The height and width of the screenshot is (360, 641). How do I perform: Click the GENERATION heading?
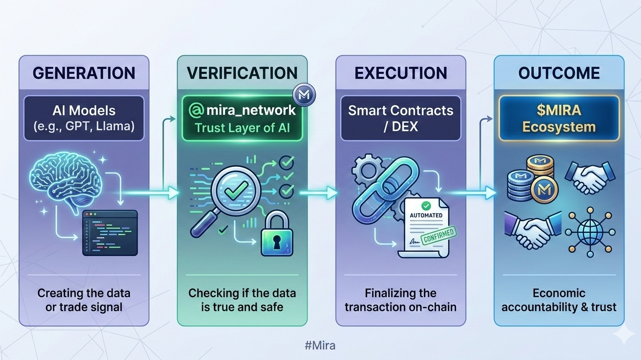point(84,73)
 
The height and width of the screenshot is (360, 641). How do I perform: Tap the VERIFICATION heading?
point(242,73)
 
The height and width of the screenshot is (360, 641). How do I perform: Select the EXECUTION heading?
point(400,73)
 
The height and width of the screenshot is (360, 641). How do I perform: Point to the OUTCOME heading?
point(559,73)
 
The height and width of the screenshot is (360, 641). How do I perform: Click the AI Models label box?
point(84,118)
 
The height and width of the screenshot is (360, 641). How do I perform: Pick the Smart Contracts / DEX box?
point(400,118)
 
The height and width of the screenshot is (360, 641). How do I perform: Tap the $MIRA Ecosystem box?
point(559,119)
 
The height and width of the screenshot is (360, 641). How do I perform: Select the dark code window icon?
point(110,233)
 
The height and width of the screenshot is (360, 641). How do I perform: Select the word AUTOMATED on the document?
point(426,215)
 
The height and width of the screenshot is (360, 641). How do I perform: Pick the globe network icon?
point(589,233)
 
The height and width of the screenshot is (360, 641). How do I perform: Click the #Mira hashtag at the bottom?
point(320,346)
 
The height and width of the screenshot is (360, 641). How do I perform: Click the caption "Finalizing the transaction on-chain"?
point(400,300)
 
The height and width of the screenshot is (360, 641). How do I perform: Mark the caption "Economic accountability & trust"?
point(559,300)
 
